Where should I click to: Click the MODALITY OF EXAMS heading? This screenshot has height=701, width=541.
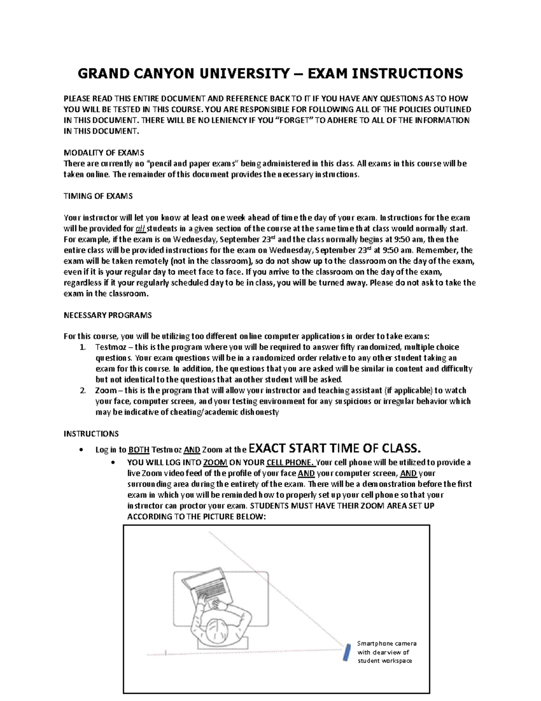(104, 153)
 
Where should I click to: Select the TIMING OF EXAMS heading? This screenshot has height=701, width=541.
(98, 196)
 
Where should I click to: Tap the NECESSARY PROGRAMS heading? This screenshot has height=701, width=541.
(107, 315)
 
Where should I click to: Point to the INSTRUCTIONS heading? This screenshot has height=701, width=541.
(91, 434)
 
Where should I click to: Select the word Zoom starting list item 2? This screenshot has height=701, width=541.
(105, 390)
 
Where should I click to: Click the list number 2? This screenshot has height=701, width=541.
(82, 390)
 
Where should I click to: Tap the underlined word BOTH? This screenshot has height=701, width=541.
(139, 450)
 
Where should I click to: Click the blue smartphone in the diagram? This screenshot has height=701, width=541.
(347, 653)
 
